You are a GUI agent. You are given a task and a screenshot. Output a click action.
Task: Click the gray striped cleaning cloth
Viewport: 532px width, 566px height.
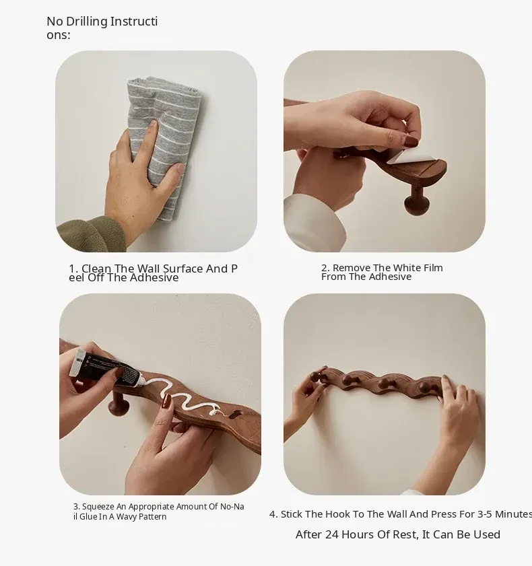point(164,145)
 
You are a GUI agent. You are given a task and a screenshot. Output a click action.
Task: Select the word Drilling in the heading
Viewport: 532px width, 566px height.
point(87,22)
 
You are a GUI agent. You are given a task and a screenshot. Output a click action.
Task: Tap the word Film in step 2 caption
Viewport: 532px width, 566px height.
point(434,268)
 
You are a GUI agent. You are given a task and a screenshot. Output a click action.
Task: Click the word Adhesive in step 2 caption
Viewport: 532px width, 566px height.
point(391,277)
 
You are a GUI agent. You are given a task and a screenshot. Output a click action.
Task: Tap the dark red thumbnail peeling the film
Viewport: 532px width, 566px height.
point(411,141)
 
